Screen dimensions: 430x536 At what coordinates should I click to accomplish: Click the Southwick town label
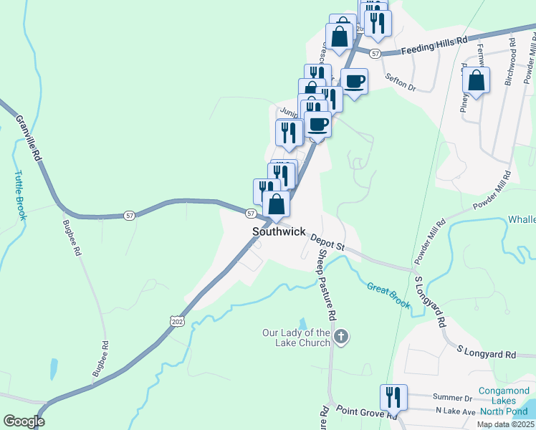point(279,233)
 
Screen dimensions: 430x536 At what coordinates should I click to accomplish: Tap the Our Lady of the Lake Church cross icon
point(342,336)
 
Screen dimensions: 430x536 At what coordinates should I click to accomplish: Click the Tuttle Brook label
point(19,194)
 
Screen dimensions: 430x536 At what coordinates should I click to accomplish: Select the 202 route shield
point(177,322)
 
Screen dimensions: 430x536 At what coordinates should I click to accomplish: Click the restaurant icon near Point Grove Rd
point(393,397)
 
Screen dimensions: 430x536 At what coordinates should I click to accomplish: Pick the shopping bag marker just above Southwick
point(276,204)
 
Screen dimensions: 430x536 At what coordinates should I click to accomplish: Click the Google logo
point(24,421)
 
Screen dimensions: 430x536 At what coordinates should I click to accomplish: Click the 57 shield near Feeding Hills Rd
point(374,54)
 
